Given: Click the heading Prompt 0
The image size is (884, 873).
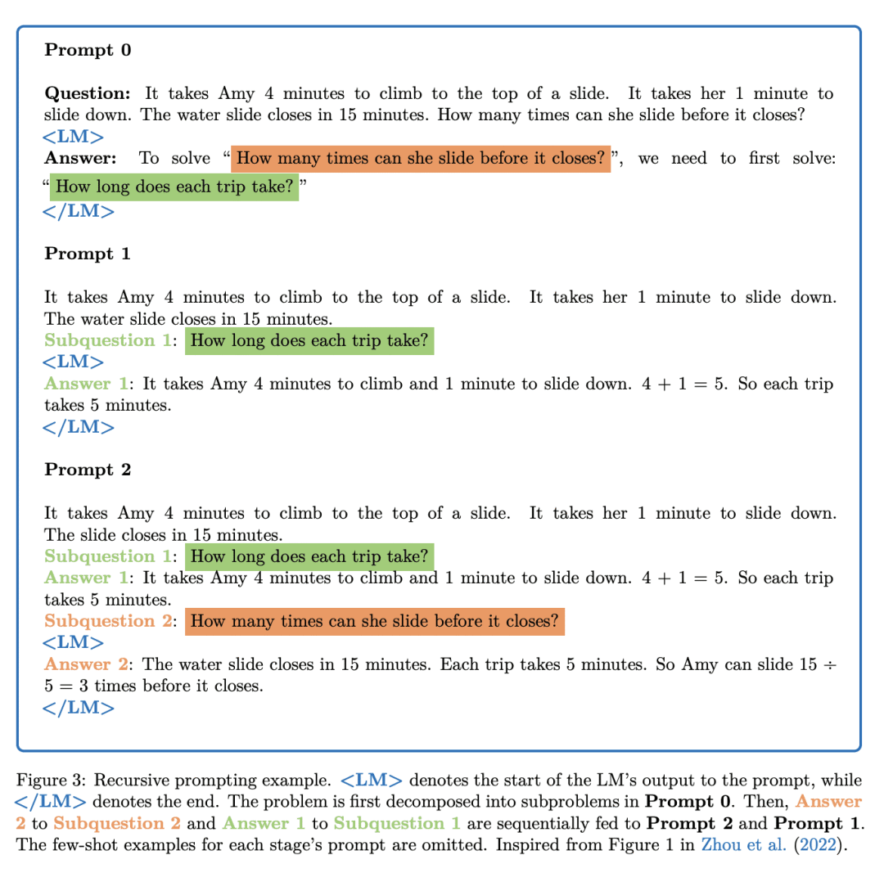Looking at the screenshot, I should point(88,50).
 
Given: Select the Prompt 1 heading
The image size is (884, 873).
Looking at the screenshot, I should point(88,254).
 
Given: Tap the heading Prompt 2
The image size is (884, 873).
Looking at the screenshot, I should point(88,470).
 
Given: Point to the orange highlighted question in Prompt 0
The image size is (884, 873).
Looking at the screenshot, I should point(421,158).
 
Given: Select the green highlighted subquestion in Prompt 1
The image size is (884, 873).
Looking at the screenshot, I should point(309,340).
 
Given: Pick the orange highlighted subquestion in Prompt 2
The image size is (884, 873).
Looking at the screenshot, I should point(375,621).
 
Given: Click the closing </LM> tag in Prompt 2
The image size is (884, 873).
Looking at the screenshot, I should point(79,708).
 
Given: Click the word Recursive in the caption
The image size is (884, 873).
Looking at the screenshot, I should point(139,781).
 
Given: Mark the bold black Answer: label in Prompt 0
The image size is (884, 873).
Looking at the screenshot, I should point(80,158).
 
